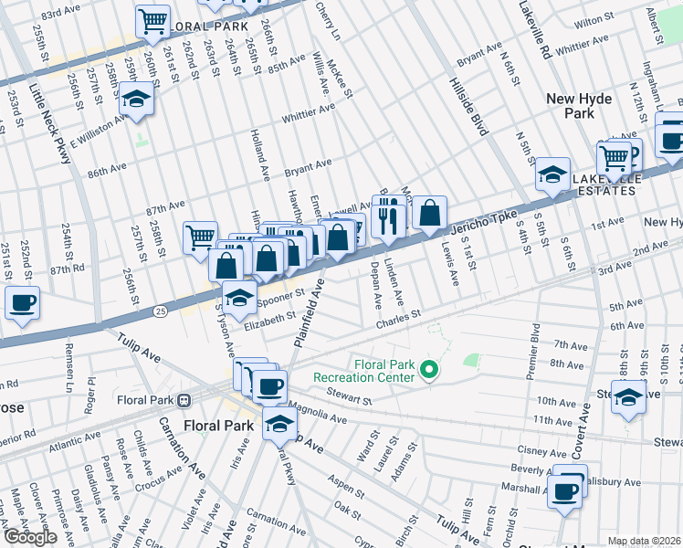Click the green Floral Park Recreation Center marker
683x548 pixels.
point(428,370)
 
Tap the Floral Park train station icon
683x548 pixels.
point(184,399)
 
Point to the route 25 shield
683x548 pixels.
point(161,312)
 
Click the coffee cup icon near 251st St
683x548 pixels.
point(22,302)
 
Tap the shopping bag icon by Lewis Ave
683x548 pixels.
point(429,213)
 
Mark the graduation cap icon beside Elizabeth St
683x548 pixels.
point(238,298)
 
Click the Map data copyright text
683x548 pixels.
point(644,541)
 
